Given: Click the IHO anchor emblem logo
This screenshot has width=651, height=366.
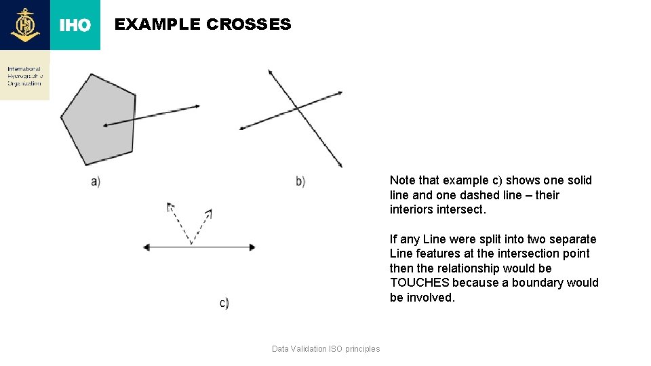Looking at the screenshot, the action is pos(25,25).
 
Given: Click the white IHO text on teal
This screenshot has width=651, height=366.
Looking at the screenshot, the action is pos(75,26).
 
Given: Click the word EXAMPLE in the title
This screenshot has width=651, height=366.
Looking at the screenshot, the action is pos(157,24).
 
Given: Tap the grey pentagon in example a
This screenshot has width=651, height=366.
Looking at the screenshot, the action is pos(95,119).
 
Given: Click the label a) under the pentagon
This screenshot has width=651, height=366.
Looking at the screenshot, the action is pos(96,181).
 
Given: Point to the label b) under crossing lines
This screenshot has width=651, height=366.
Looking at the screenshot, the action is pos(300,181).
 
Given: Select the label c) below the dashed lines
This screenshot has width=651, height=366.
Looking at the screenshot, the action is pos(224,303).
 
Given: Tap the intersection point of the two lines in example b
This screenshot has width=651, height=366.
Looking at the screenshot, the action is pos(297,108).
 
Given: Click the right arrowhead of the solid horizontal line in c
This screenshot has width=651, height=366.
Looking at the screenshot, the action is pos(253,247).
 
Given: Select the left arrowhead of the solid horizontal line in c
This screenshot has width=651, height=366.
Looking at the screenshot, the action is pos(146,247).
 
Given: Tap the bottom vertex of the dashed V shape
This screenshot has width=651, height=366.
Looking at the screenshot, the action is pos(192,243).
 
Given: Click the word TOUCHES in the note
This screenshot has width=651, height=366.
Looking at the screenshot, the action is pos(419,283).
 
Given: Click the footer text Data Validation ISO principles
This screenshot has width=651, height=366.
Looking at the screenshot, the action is pos(325,349).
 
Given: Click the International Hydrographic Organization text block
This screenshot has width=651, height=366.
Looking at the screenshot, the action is pos(24,76).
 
